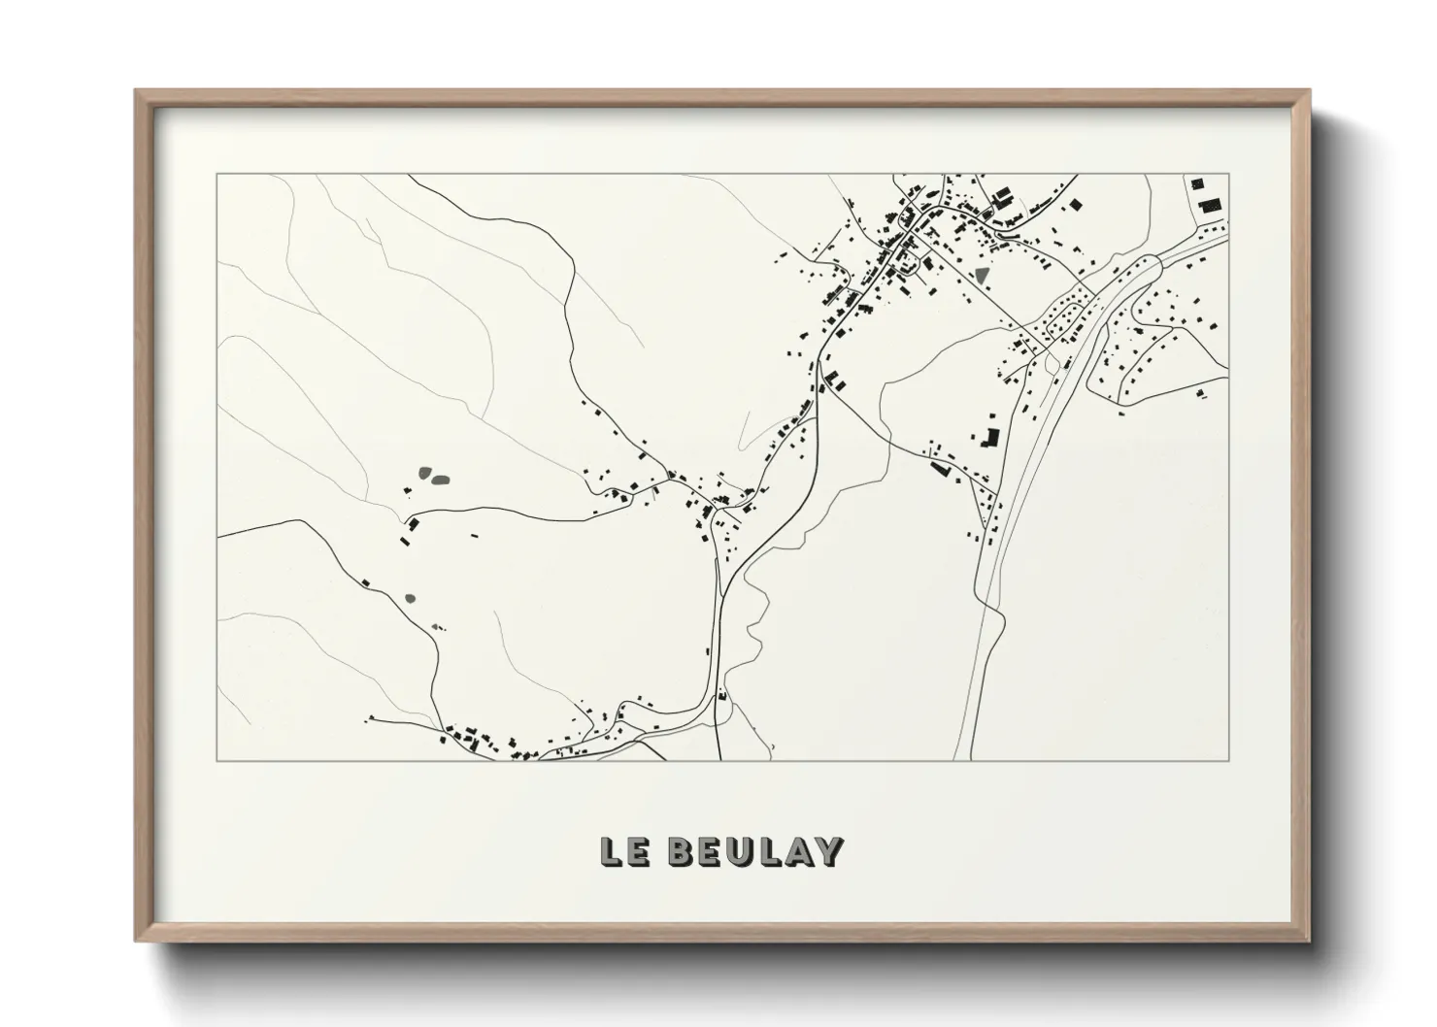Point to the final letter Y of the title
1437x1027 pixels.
(x=827, y=851)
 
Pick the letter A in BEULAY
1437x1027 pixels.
(x=798, y=851)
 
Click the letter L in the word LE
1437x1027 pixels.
(x=612, y=851)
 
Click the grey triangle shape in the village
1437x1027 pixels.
(x=984, y=274)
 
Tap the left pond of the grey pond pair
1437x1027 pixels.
(x=425, y=473)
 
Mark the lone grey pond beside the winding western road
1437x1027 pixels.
(x=410, y=598)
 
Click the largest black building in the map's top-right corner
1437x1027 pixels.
(x=1210, y=205)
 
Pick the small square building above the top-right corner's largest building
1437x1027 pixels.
(x=1197, y=183)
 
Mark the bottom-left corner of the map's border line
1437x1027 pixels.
(x=217, y=760)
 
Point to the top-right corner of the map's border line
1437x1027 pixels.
(x=1229, y=174)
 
